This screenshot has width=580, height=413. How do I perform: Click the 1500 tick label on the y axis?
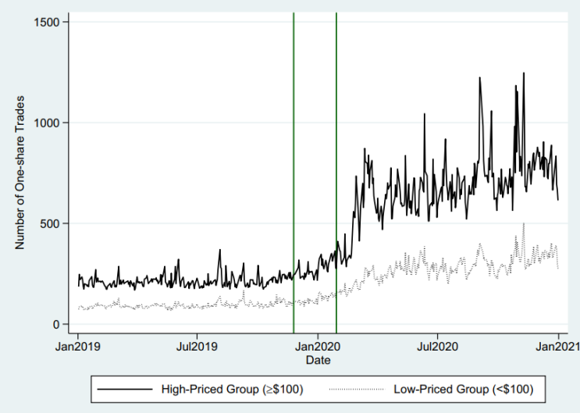(x=47, y=22)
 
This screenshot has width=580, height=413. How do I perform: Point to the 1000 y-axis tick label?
(x=47, y=123)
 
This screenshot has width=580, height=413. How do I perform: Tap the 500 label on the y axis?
(x=49, y=223)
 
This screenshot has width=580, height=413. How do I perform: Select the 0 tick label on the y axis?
(x=56, y=325)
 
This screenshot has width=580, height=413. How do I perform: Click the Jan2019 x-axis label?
(x=78, y=347)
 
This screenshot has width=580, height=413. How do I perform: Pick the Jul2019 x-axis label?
(x=197, y=347)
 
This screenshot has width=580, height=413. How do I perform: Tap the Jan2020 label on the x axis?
(x=318, y=347)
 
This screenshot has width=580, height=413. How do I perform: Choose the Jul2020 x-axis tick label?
(x=438, y=347)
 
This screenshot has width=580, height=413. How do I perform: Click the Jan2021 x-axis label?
(x=558, y=347)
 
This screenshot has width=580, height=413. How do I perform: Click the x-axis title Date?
(x=318, y=360)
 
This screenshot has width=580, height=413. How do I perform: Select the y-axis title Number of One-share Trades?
(x=20, y=173)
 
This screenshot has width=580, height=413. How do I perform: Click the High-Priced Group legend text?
(x=232, y=390)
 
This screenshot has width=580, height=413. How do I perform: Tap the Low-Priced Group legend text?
(x=464, y=390)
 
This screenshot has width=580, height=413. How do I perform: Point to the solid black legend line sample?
(x=125, y=390)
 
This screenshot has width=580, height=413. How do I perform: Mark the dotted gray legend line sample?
(x=357, y=390)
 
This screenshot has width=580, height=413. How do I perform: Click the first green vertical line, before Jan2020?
(x=294, y=173)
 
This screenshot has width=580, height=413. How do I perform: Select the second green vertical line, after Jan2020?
(x=336, y=173)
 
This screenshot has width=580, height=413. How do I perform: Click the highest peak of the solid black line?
(x=524, y=73)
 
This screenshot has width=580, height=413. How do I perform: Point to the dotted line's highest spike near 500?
(x=524, y=223)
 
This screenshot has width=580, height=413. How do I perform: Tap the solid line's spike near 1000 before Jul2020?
(x=425, y=114)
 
